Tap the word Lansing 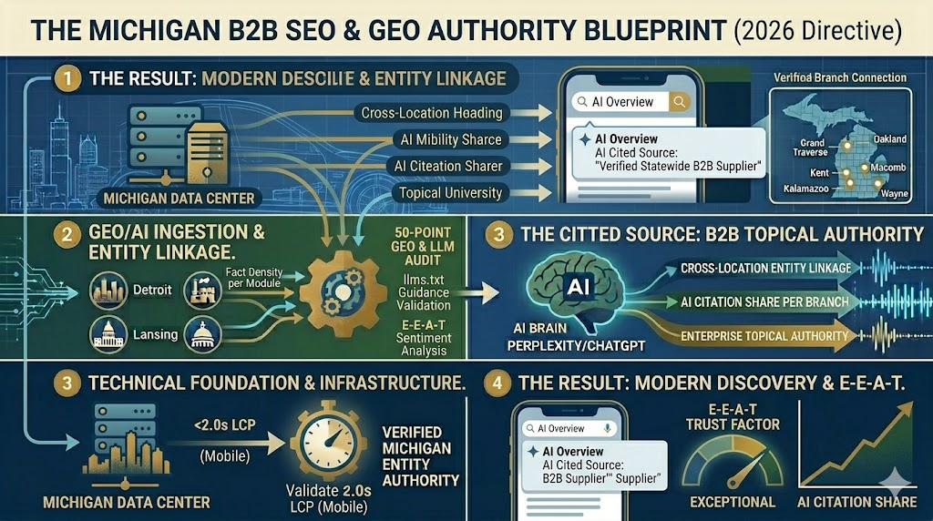pos(155,334)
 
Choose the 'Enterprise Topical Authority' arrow pos(761,337)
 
